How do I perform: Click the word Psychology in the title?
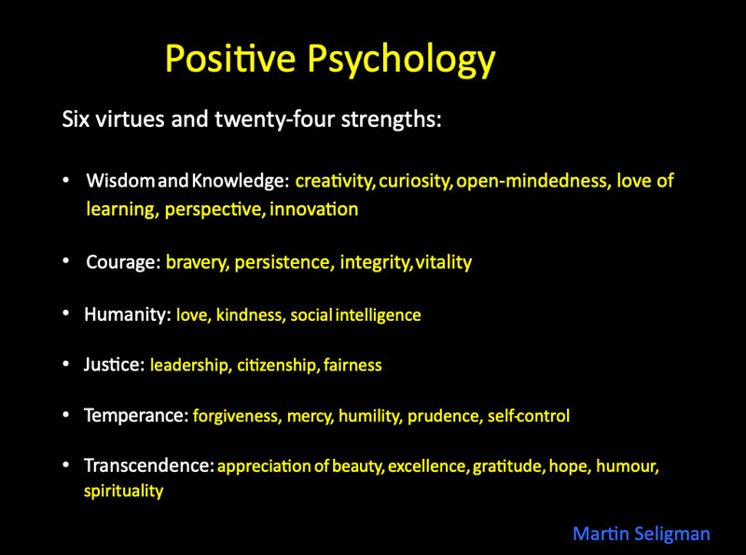tap(401, 61)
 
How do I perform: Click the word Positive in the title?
tap(230, 58)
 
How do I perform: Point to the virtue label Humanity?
tap(127, 314)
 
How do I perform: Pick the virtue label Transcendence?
tap(149, 465)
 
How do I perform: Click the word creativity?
tap(334, 181)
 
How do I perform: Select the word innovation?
tap(314, 210)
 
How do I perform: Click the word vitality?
tap(444, 262)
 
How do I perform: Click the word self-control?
tap(529, 415)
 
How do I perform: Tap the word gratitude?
tap(508, 466)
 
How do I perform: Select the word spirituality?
tap(124, 491)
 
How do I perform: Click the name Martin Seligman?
tap(642, 534)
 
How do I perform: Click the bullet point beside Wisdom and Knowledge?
tap(66, 180)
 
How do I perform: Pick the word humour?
tap(628, 466)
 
